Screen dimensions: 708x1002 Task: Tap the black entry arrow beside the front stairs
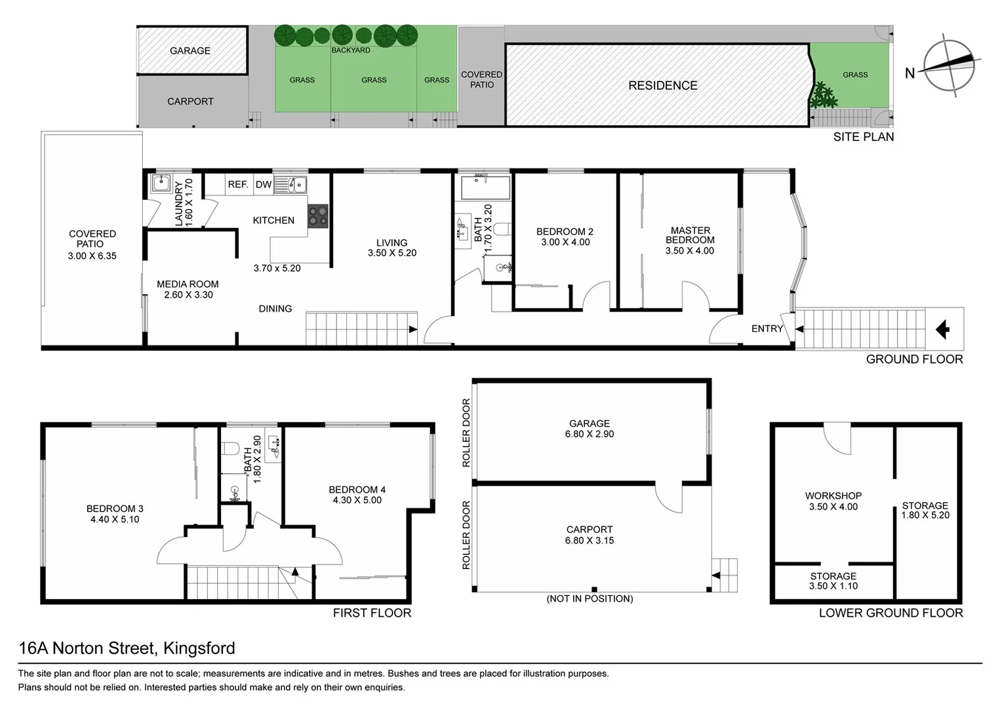coord(942,329)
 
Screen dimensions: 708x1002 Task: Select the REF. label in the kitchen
coord(237,184)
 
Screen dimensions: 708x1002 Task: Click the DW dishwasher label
coord(264,184)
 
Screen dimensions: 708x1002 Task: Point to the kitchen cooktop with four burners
coord(317,216)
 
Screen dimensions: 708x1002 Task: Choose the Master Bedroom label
coord(690,235)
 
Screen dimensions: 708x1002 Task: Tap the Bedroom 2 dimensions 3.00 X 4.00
coord(565,242)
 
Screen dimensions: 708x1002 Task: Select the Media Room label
coord(188,284)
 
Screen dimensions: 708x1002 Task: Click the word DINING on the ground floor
coord(275,309)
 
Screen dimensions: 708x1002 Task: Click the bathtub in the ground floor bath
coord(485,187)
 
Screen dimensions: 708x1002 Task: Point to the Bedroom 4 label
coord(357,490)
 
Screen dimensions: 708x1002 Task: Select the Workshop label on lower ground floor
coord(833,496)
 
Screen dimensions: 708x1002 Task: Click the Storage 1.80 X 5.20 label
coord(925,510)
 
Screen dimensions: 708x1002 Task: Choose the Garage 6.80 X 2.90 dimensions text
coord(589,434)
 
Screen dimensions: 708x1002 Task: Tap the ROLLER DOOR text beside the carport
coord(466,535)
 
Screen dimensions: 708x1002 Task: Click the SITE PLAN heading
coord(863,136)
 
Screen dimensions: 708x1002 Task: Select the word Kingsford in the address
coord(199,648)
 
